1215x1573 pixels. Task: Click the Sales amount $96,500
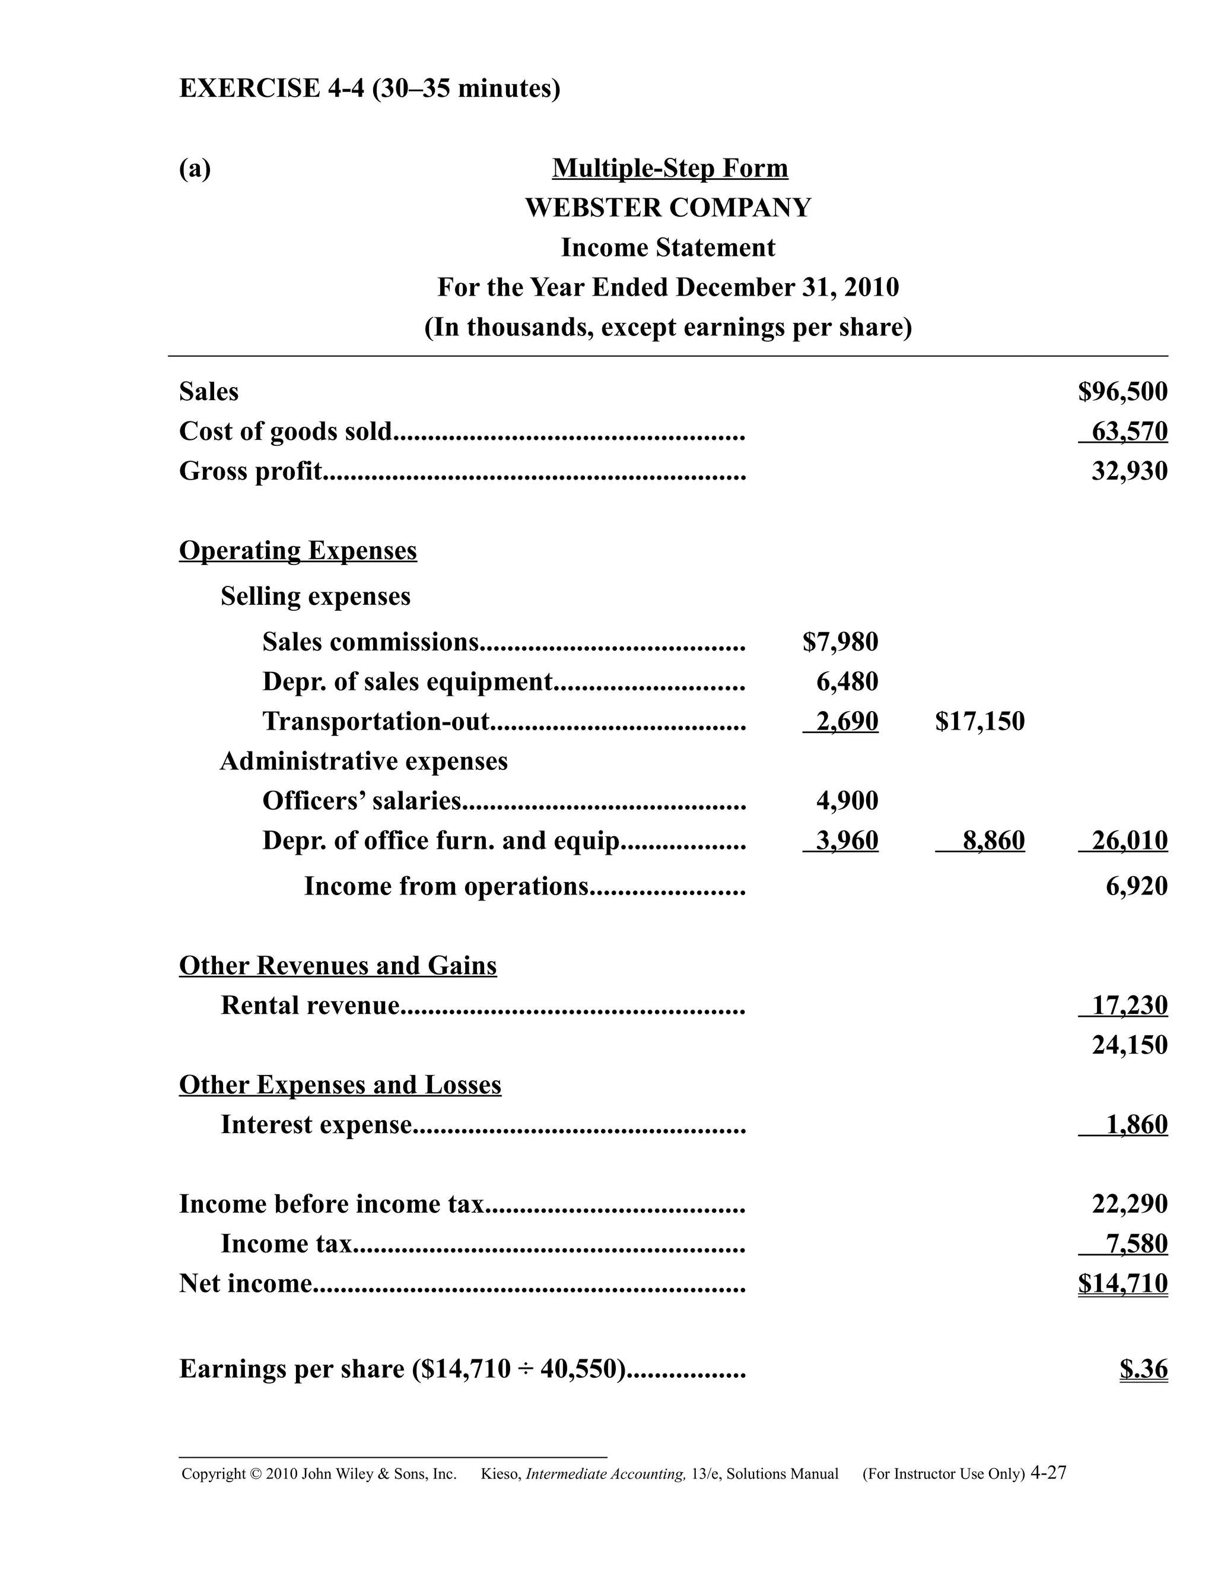(x=1122, y=392)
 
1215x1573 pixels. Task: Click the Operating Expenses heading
(x=297, y=550)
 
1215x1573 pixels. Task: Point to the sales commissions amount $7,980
(x=840, y=642)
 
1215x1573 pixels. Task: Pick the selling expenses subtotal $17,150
(x=979, y=721)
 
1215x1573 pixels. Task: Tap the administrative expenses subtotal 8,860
(x=993, y=841)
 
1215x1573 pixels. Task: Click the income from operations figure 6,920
(x=1136, y=886)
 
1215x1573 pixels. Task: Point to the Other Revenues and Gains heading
(x=338, y=965)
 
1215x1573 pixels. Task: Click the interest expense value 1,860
(x=1136, y=1124)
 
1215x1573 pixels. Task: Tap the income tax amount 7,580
(x=1136, y=1244)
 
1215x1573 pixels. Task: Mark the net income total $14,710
(x=1122, y=1283)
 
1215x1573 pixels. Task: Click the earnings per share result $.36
(x=1143, y=1368)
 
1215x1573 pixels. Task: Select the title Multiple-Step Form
(x=669, y=168)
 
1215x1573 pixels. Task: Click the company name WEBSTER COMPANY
(x=668, y=207)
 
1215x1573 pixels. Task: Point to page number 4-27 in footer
(x=1048, y=1473)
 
